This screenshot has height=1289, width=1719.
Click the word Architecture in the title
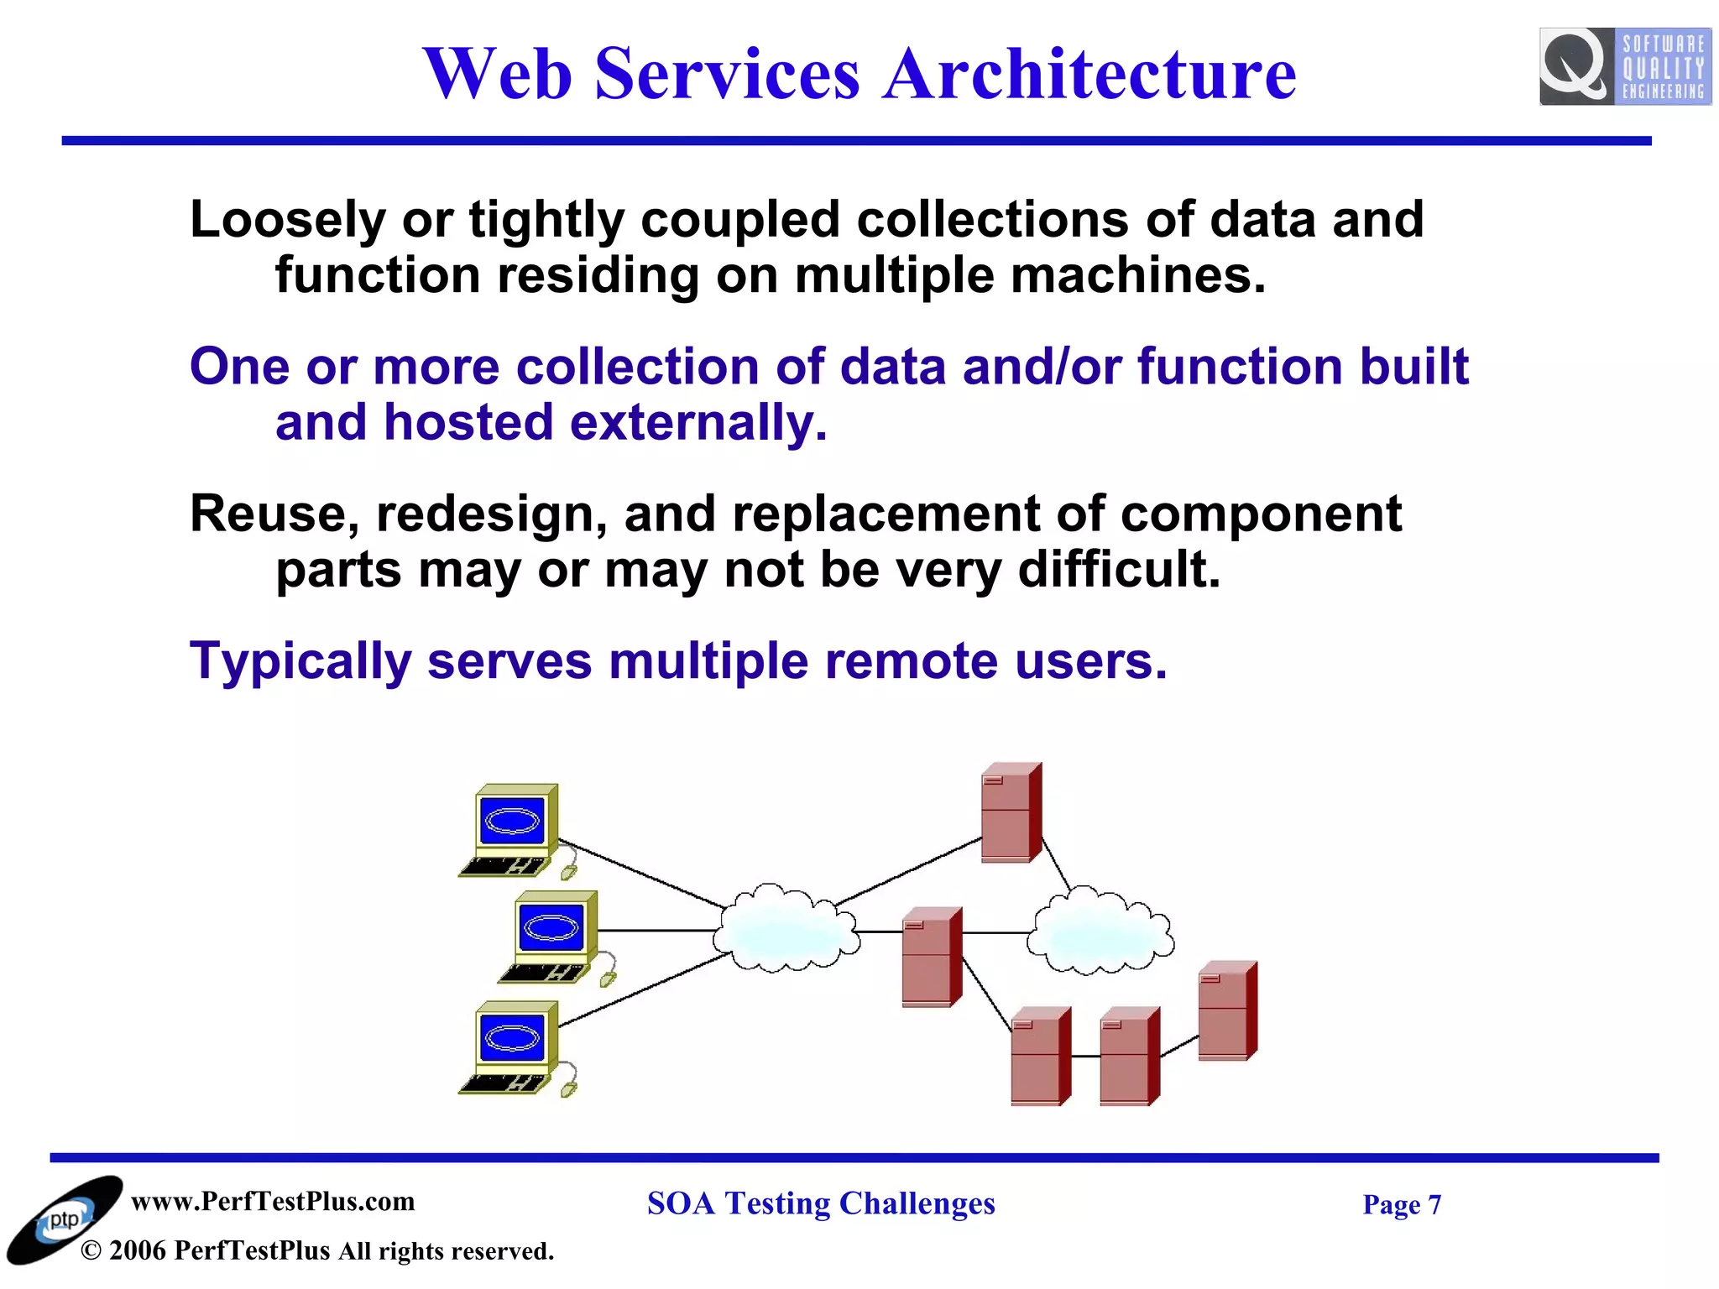click(x=1089, y=74)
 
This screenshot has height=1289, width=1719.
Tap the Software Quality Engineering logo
click(x=1624, y=66)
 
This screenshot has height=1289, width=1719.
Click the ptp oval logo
click(x=64, y=1219)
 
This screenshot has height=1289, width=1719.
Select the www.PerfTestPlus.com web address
click(x=273, y=1202)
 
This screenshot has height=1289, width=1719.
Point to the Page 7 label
click(x=1401, y=1205)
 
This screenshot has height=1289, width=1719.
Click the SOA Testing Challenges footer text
click(x=821, y=1203)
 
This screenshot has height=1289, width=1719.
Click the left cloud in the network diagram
click(x=786, y=928)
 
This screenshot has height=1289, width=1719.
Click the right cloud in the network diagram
click(x=1100, y=932)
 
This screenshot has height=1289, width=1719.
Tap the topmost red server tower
click(x=1011, y=812)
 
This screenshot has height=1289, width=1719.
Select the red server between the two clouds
click(x=931, y=957)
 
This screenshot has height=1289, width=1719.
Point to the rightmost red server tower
click(x=1227, y=1010)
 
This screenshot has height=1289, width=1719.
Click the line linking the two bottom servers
click(x=1085, y=1056)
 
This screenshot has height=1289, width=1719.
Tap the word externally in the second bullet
click(x=698, y=422)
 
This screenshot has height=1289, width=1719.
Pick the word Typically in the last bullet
click(x=300, y=661)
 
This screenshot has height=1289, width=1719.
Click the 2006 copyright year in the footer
click(x=137, y=1251)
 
